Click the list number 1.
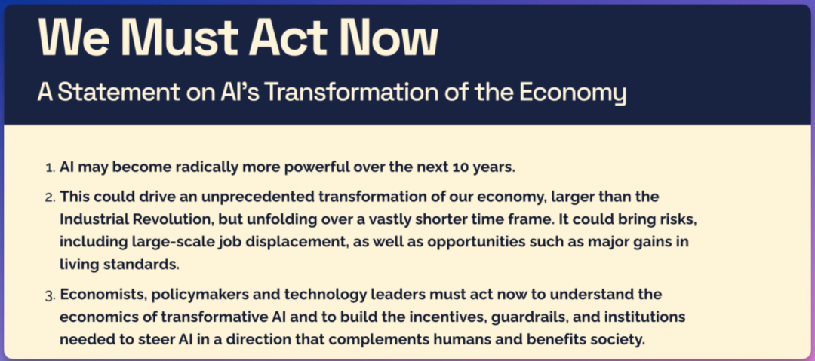click(50, 168)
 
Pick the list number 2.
click(50, 198)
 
